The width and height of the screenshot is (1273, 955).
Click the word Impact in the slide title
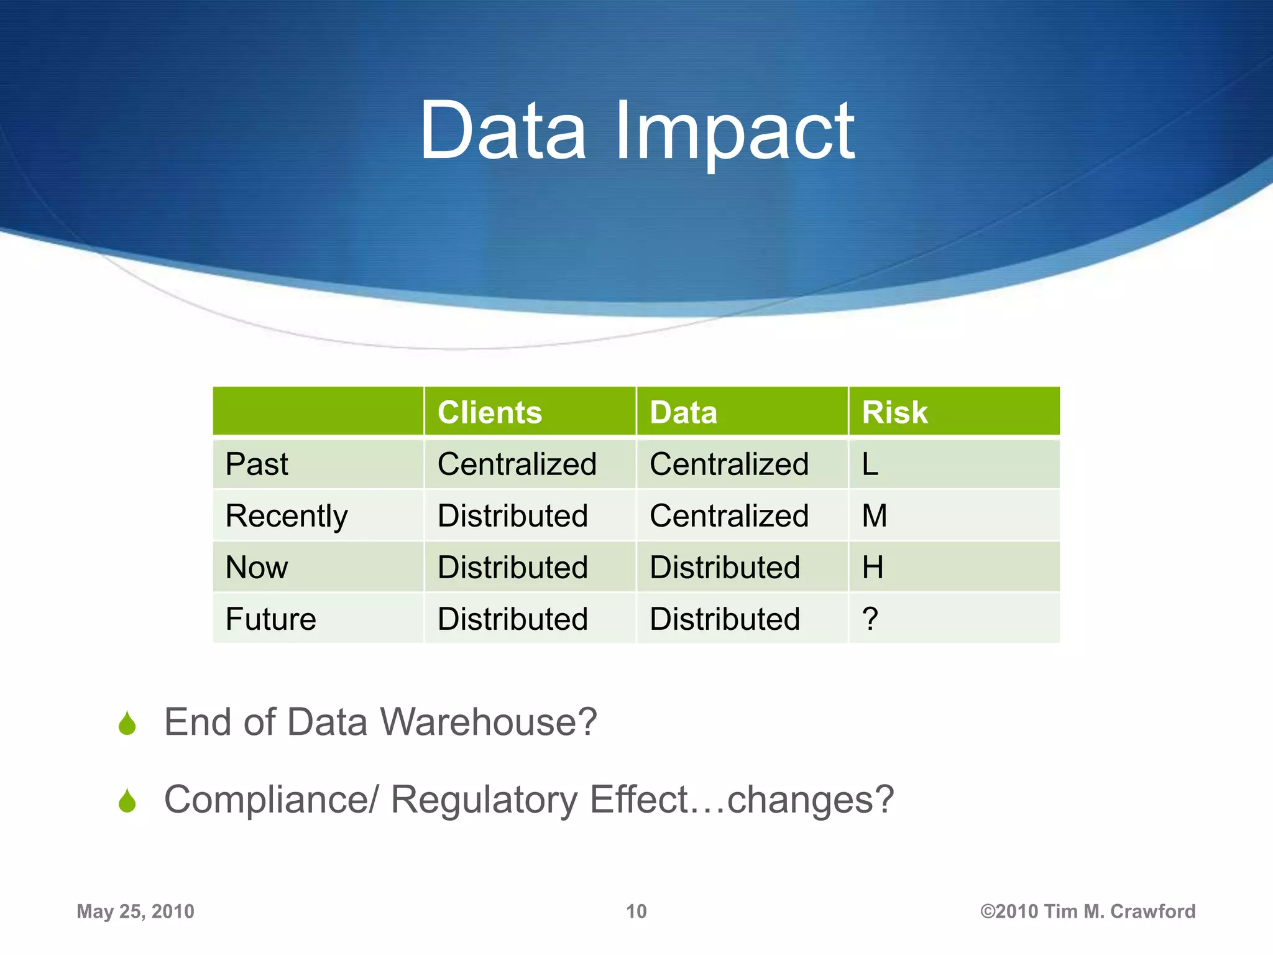pyautogui.click(x=735, y=132)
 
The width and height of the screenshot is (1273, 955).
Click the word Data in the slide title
pyautogui.click(x=503, y=132)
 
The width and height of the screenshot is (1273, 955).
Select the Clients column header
pyautogui.click(x=489, y=412)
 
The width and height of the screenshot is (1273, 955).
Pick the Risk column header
pyautogui.click(x=894, y=412)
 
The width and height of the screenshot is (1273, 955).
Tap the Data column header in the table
pyautogui.click(x=683, y=412)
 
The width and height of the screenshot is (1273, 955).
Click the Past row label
pyautogui.click(x=257, y=464)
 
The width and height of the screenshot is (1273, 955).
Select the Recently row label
pyautogui.click(x=287, y=516)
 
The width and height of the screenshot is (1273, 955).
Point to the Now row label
pyautogui.click(x=257, y=568)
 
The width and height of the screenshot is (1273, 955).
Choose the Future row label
pyautogui.click(x=271, y=619)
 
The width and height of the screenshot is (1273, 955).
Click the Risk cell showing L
pyautogui.click(x=870, y=464)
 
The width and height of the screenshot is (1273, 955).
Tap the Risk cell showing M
pyautogui.click(x=874, y=516)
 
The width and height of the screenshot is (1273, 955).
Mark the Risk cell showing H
pyautogui.click(x=872, y=568)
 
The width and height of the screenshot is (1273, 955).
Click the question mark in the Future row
pyautogui.click(x=870, y=619)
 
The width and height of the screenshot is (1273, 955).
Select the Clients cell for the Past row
pyautogui.click(x=517, y=464)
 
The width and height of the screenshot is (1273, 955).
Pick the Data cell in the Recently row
pyautogui.click(x=729, y=516)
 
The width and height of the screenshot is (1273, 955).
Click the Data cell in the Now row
pyautogui.click(x=725, y=568)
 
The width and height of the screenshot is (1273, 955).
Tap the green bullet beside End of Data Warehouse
pyautogui.click(x=127, y=724)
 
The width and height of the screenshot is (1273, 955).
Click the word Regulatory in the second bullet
pyautogui.click(x=484, y=800)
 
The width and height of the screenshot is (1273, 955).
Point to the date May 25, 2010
pyautogui.click(x=136, y=911)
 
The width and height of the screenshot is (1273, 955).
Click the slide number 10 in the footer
pyautogui.click(x=636, y=911)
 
